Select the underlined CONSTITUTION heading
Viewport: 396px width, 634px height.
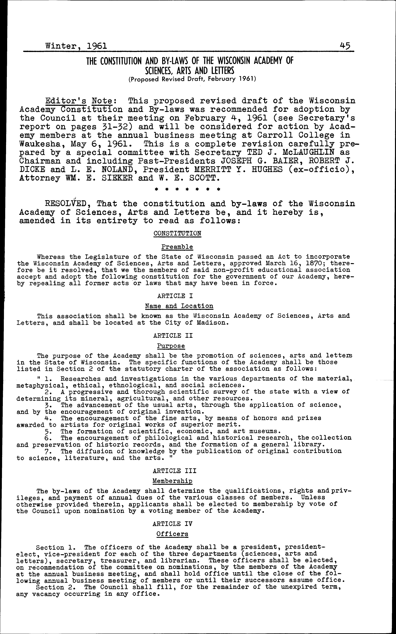click(177, 233)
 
